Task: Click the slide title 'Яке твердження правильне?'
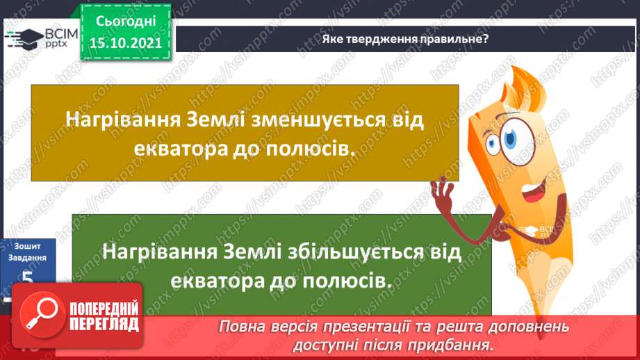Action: pyautogui.click(x=405, y=39)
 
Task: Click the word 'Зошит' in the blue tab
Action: pyautogui.click(x=28, y=245)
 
